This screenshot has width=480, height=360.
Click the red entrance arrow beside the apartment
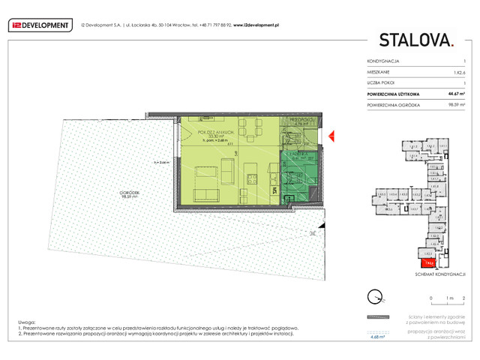(329, 135)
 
